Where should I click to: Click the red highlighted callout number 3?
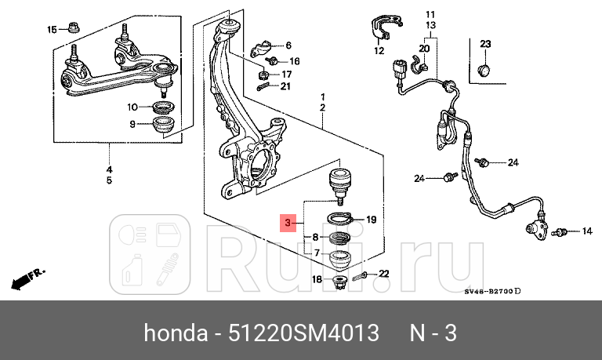click(x=288, y=224)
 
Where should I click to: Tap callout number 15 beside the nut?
click(x=53, y=30)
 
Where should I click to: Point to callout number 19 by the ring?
click(x=372, y=220)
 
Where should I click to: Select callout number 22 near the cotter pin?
click(x=383, y=274)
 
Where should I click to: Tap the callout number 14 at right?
click(x=586, y=231)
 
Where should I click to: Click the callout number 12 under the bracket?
click(x=379, y=52)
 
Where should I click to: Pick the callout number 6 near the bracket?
click(x=288, y=45)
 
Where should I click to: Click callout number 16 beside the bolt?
click(x=294, y=60)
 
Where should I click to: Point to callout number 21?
click(x=285, y=86)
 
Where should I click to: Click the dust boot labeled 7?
click(x=339, y=256)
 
